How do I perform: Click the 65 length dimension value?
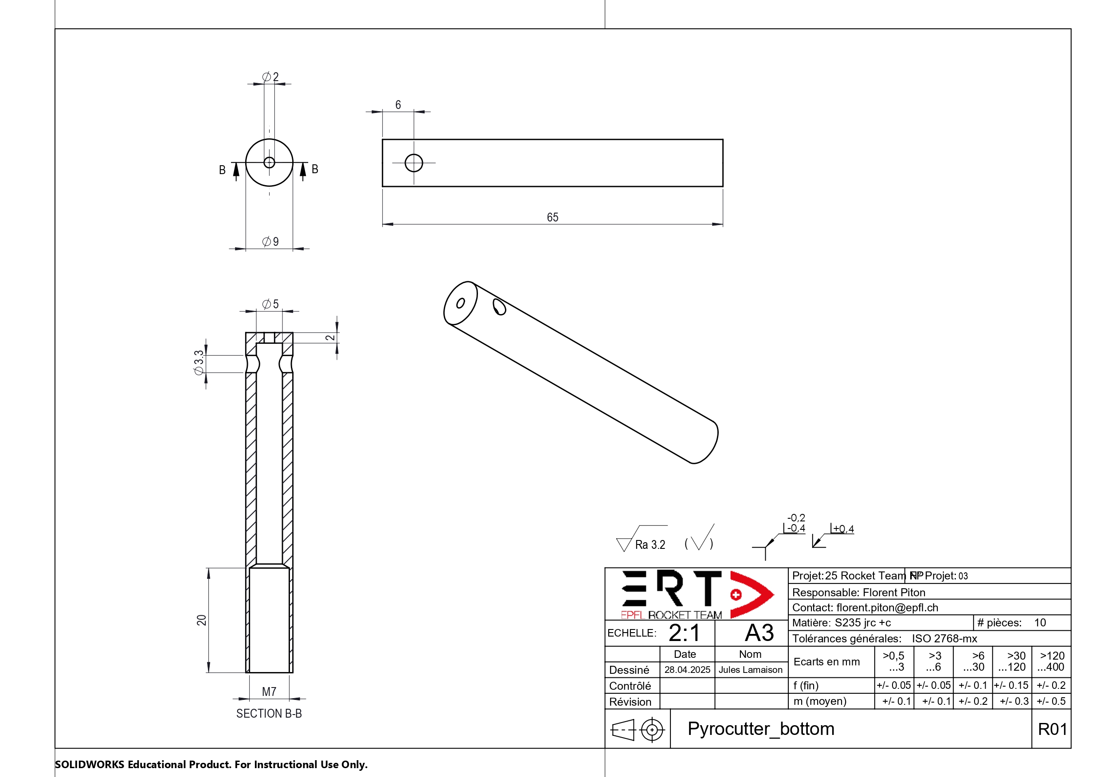click(x=552, y=218)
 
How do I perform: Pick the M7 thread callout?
click(x=269, y=692)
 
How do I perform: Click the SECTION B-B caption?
click(x=269, y=713)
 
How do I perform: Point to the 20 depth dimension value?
click(x=202, y=620)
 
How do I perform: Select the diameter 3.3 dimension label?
click(x=199, y=363)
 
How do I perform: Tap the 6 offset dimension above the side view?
click(x=398, y=105)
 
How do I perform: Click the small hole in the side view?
click(x=414, y=163)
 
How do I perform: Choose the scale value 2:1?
click(x=684, y=633)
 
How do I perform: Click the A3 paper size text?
click(x=759, y=633)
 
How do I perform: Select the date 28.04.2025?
click(x=687, y=670)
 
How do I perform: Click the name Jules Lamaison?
click(x=750, y=670)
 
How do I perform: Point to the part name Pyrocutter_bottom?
click(x=761, y=729)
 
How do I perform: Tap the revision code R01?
click(x=1052, y=729)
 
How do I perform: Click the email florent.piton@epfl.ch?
click(x=887, y=607)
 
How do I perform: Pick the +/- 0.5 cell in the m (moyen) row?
click(x=1051, y=701)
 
